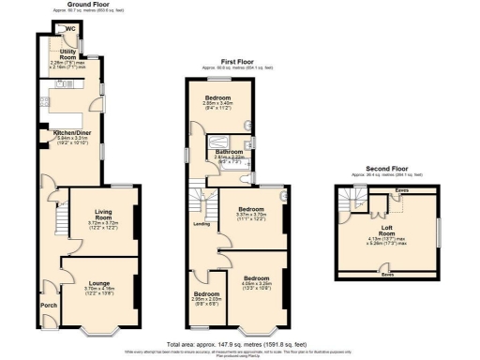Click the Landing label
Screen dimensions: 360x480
coord(201,224)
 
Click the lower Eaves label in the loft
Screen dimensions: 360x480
coord(387,275)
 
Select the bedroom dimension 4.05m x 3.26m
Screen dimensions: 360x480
coord(258,284)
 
